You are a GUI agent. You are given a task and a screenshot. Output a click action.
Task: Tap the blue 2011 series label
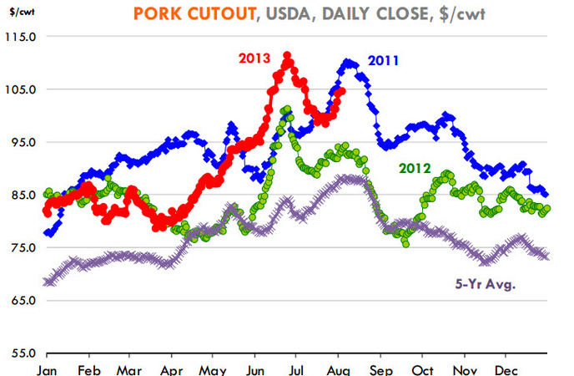tap(383, 61)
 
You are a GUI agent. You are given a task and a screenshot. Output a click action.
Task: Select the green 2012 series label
tap(415, 168)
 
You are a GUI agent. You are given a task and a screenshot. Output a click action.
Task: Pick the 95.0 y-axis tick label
tap(23, 142)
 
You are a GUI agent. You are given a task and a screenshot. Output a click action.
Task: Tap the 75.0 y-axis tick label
tap(23, 247)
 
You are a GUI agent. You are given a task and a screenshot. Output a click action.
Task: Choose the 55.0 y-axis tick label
tap(23, 353)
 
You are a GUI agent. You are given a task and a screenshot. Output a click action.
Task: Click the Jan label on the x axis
tap(47, 368)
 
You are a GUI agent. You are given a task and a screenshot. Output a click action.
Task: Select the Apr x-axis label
tap(172, 368)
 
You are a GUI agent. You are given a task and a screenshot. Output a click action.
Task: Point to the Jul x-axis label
tap(297, 368)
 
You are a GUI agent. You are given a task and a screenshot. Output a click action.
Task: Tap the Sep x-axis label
tap(381, 368)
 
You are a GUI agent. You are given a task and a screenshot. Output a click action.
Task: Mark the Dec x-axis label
tap(506, 368)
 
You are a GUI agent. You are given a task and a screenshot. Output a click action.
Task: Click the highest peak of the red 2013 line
tap(287, 56)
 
